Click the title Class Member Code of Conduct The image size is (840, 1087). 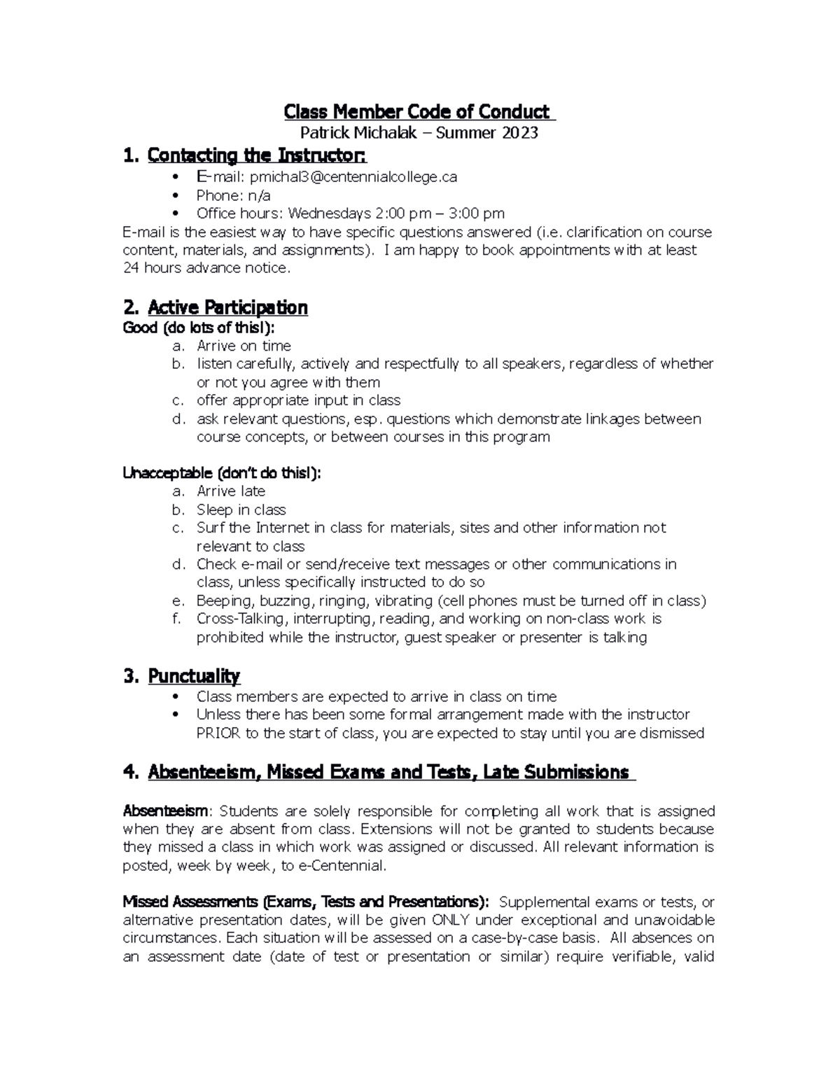click(418, 112)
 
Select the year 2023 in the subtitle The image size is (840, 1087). click(519, 132)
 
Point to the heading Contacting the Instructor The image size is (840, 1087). click(256, 155)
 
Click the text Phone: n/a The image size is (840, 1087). click(233, 195)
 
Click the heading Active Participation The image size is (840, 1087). click(227, 308)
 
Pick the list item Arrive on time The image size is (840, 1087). click(244, 346)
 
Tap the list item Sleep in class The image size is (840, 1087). click(241, 510)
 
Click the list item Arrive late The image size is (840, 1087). click(230, 491)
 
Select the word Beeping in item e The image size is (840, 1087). click(223, 601)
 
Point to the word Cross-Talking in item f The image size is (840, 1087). click(241, 619)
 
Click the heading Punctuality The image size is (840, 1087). click(194, 676)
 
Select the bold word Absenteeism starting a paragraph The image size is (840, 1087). click(165, 811)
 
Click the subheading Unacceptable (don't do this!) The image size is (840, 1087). click(221, 473)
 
